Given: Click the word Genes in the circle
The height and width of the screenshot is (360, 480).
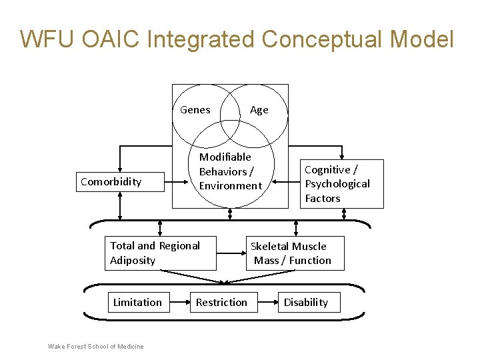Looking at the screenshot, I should (x=195, y=110).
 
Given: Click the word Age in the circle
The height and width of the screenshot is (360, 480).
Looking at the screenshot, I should (x=259, y=110).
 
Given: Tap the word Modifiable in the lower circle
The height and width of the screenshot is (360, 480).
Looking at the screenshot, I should (x=225, y=157).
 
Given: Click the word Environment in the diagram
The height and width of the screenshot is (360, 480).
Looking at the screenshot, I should (x=231, y=186).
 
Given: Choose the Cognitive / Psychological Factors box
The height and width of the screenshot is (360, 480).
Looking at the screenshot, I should (x=341, y=184).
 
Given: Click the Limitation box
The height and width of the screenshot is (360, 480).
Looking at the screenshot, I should (x=137, y=302).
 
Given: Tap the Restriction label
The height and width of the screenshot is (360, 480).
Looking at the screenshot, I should (x=221, y=302).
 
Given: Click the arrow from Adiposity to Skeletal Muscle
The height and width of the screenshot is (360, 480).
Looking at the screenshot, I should (x=231, y=253).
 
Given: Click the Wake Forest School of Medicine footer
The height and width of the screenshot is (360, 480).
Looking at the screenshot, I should (x=95, y=346).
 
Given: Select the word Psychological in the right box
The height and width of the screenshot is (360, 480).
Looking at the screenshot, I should (x=337, y=184).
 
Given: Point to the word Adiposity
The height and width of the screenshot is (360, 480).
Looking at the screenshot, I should (x=133, y=260).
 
